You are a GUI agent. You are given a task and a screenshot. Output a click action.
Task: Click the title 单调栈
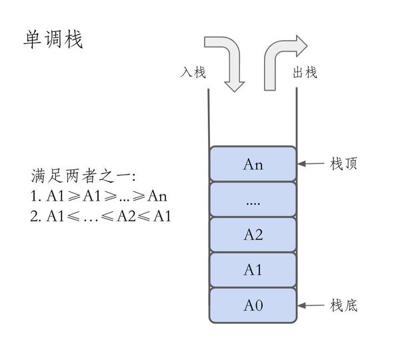[53, 39]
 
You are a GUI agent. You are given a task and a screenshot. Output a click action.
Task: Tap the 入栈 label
[193, 72]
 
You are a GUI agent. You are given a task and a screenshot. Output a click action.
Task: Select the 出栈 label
[305, 72]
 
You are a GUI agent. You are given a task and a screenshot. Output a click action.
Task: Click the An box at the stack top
[253, 164]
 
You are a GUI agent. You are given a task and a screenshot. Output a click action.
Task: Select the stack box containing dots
[253, 199]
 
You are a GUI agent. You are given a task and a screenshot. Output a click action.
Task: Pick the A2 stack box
[253, 235]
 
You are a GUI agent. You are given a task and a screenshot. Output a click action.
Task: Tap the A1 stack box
[253, 270]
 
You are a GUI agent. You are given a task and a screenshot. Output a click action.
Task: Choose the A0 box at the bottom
[253, 305]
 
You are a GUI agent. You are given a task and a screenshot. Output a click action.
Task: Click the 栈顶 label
[343, 163]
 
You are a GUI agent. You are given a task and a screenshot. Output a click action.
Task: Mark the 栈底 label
[343, 305]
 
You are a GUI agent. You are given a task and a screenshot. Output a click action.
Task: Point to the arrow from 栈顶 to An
[311, 163]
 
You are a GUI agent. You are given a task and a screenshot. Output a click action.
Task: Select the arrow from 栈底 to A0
[311, 305]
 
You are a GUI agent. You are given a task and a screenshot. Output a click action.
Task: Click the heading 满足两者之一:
[83, 176]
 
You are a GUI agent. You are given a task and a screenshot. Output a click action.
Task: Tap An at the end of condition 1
[157, 196]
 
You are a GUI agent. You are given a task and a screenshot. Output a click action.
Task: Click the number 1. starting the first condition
[36, 196]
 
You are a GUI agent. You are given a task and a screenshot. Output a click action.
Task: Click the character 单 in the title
[33, 39]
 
